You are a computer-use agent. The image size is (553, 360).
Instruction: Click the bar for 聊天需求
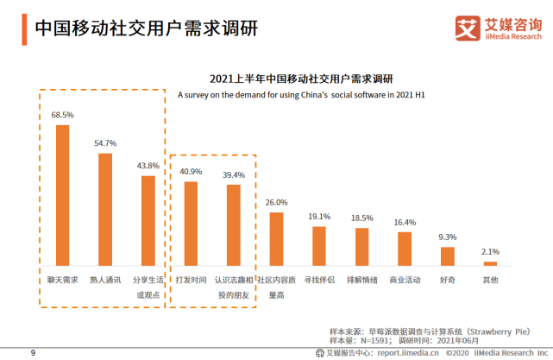(62, 195)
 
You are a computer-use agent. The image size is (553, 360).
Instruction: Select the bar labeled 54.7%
(104, 210)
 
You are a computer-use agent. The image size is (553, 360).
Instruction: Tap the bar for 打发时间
(192, 224)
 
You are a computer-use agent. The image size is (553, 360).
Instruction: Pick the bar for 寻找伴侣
(319, 246)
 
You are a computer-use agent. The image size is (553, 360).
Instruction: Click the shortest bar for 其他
(490, 263)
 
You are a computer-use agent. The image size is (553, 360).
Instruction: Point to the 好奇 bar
(447, 256)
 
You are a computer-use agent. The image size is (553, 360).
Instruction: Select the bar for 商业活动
(405, 249)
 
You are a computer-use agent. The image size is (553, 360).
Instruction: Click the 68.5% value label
(62, 114)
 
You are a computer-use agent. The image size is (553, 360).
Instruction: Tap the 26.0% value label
(276, 202)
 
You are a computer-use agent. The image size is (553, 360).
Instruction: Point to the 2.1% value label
(490, 251)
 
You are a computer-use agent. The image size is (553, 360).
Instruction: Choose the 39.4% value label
(234, 174)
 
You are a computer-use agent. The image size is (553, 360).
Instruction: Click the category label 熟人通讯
(104, 280)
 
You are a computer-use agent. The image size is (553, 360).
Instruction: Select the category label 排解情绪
(361, 280)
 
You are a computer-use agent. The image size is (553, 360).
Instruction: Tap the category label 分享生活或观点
(148, 287)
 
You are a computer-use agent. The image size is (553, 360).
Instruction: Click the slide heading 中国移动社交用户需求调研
(146, 28)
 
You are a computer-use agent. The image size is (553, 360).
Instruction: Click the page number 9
(33, 352)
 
